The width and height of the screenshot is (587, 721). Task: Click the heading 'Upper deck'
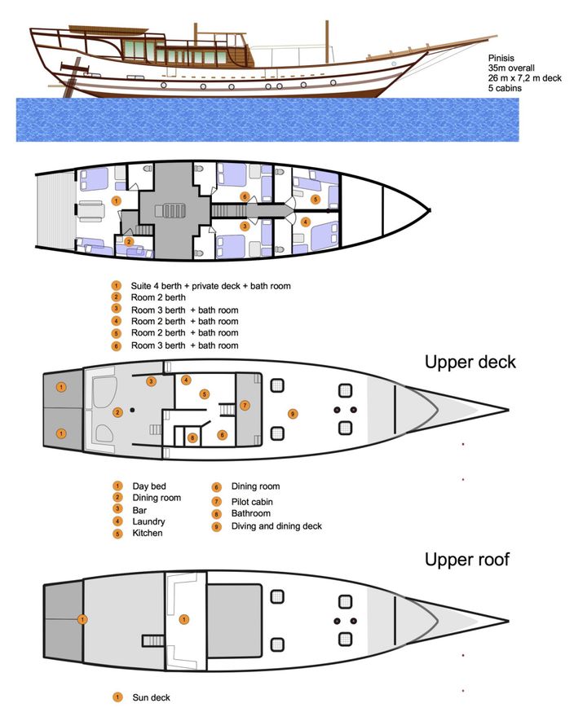coord(470,362)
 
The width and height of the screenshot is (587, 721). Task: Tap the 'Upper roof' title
coord(466,560)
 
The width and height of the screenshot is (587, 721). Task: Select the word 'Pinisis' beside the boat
coord(501,58)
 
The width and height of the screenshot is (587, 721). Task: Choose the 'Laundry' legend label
coord(148,521)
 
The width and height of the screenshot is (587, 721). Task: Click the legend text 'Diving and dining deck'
coord(276,526)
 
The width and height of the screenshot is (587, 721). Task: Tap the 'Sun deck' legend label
coord(151,697)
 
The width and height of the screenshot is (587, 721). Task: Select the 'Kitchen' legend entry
coord(148,533)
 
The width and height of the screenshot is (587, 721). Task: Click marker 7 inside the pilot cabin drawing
coord(245,405)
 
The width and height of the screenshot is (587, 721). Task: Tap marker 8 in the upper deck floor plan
coord(192,437)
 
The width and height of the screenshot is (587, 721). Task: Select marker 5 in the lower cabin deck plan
coord(316,199)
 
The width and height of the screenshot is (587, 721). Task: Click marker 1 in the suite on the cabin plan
coord(117,200)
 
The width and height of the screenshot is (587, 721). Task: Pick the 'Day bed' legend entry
coord(148,486)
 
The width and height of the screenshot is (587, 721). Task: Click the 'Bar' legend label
coord(139,510)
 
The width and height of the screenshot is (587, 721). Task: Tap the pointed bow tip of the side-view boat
coord(496,36)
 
